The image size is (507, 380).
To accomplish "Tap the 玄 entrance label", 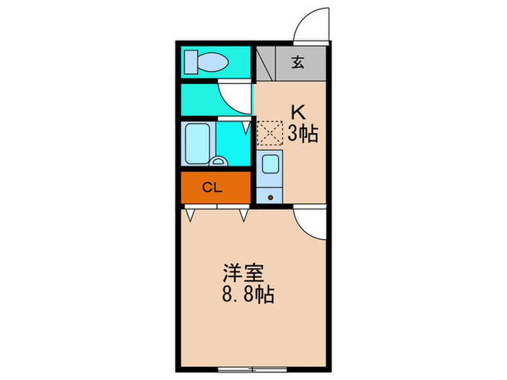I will point(298,63).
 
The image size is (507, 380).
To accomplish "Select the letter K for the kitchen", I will point(297,112).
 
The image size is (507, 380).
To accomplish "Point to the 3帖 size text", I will point(303,134).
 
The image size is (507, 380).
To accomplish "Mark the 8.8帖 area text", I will point(247,295).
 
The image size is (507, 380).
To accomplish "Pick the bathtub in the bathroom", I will point(196,143).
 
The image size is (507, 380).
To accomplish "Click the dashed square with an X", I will point(269,133).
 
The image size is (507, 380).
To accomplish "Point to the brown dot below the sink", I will point(271,195).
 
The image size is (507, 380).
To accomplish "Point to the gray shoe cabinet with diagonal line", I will point(265,63).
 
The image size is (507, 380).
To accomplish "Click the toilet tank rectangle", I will point(190,62).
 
